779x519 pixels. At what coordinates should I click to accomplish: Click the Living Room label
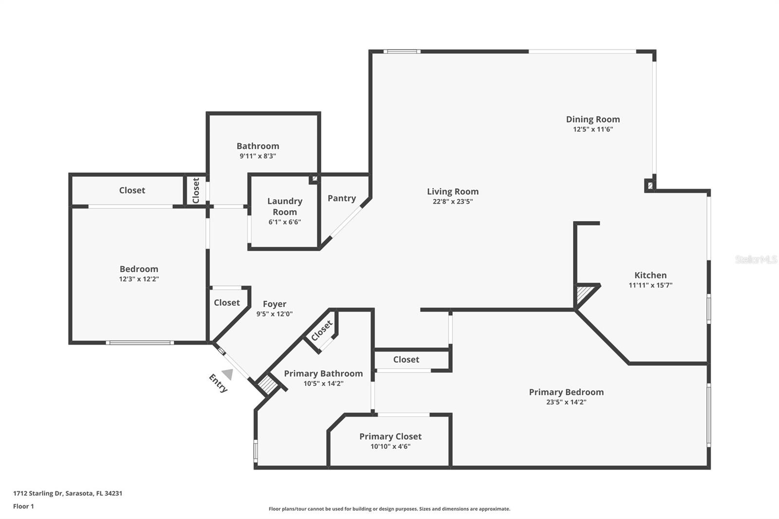pyautogui.click(x=453, y=192)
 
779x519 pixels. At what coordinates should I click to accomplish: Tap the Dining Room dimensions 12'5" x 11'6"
pyautogui.click(x=593, y=130)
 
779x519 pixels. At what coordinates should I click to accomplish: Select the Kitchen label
pyautogui.click(x=650, y=275)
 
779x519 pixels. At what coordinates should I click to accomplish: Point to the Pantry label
pyautogui.click(x=341, y=198)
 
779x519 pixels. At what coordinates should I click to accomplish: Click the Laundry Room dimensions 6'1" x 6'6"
pyautogui.click(x=285, y=222)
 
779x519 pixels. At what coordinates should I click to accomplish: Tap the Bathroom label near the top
pyautogui.click(x=258, y=146)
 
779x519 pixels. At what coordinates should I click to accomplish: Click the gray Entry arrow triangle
pyautogui.click(x=228, y=374)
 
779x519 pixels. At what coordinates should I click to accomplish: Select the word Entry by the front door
pyautogui.click(x=218, y=383)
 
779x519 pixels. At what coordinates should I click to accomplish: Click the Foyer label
pyautogui.click(x=274, y=304)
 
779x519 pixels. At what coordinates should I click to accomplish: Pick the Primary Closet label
pyautogui.click(x=390, y=436)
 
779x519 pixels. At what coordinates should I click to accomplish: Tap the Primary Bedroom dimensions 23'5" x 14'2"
pyautogui.click(x=566, y=402)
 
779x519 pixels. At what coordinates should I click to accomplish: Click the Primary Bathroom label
pyautogui.click(x=323, y=373)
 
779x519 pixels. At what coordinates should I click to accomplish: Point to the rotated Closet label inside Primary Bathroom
pyautogui.click(x=321, y=331)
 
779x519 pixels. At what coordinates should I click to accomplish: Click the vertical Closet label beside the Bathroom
pyautogui.click(x=196, y=190)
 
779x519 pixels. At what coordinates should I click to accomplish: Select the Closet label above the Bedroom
pyautogui.click(x=132, y=190)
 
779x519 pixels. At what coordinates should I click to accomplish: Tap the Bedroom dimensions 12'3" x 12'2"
pyautogui.click(x=139, y=279)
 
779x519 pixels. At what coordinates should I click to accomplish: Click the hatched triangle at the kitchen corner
pyautogui.click(x=584, y=293)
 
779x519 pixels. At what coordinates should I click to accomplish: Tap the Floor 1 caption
pyautogui.click(x=23, y=506)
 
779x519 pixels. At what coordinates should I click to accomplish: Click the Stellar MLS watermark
pyautogui.click(x=756, y=259)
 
